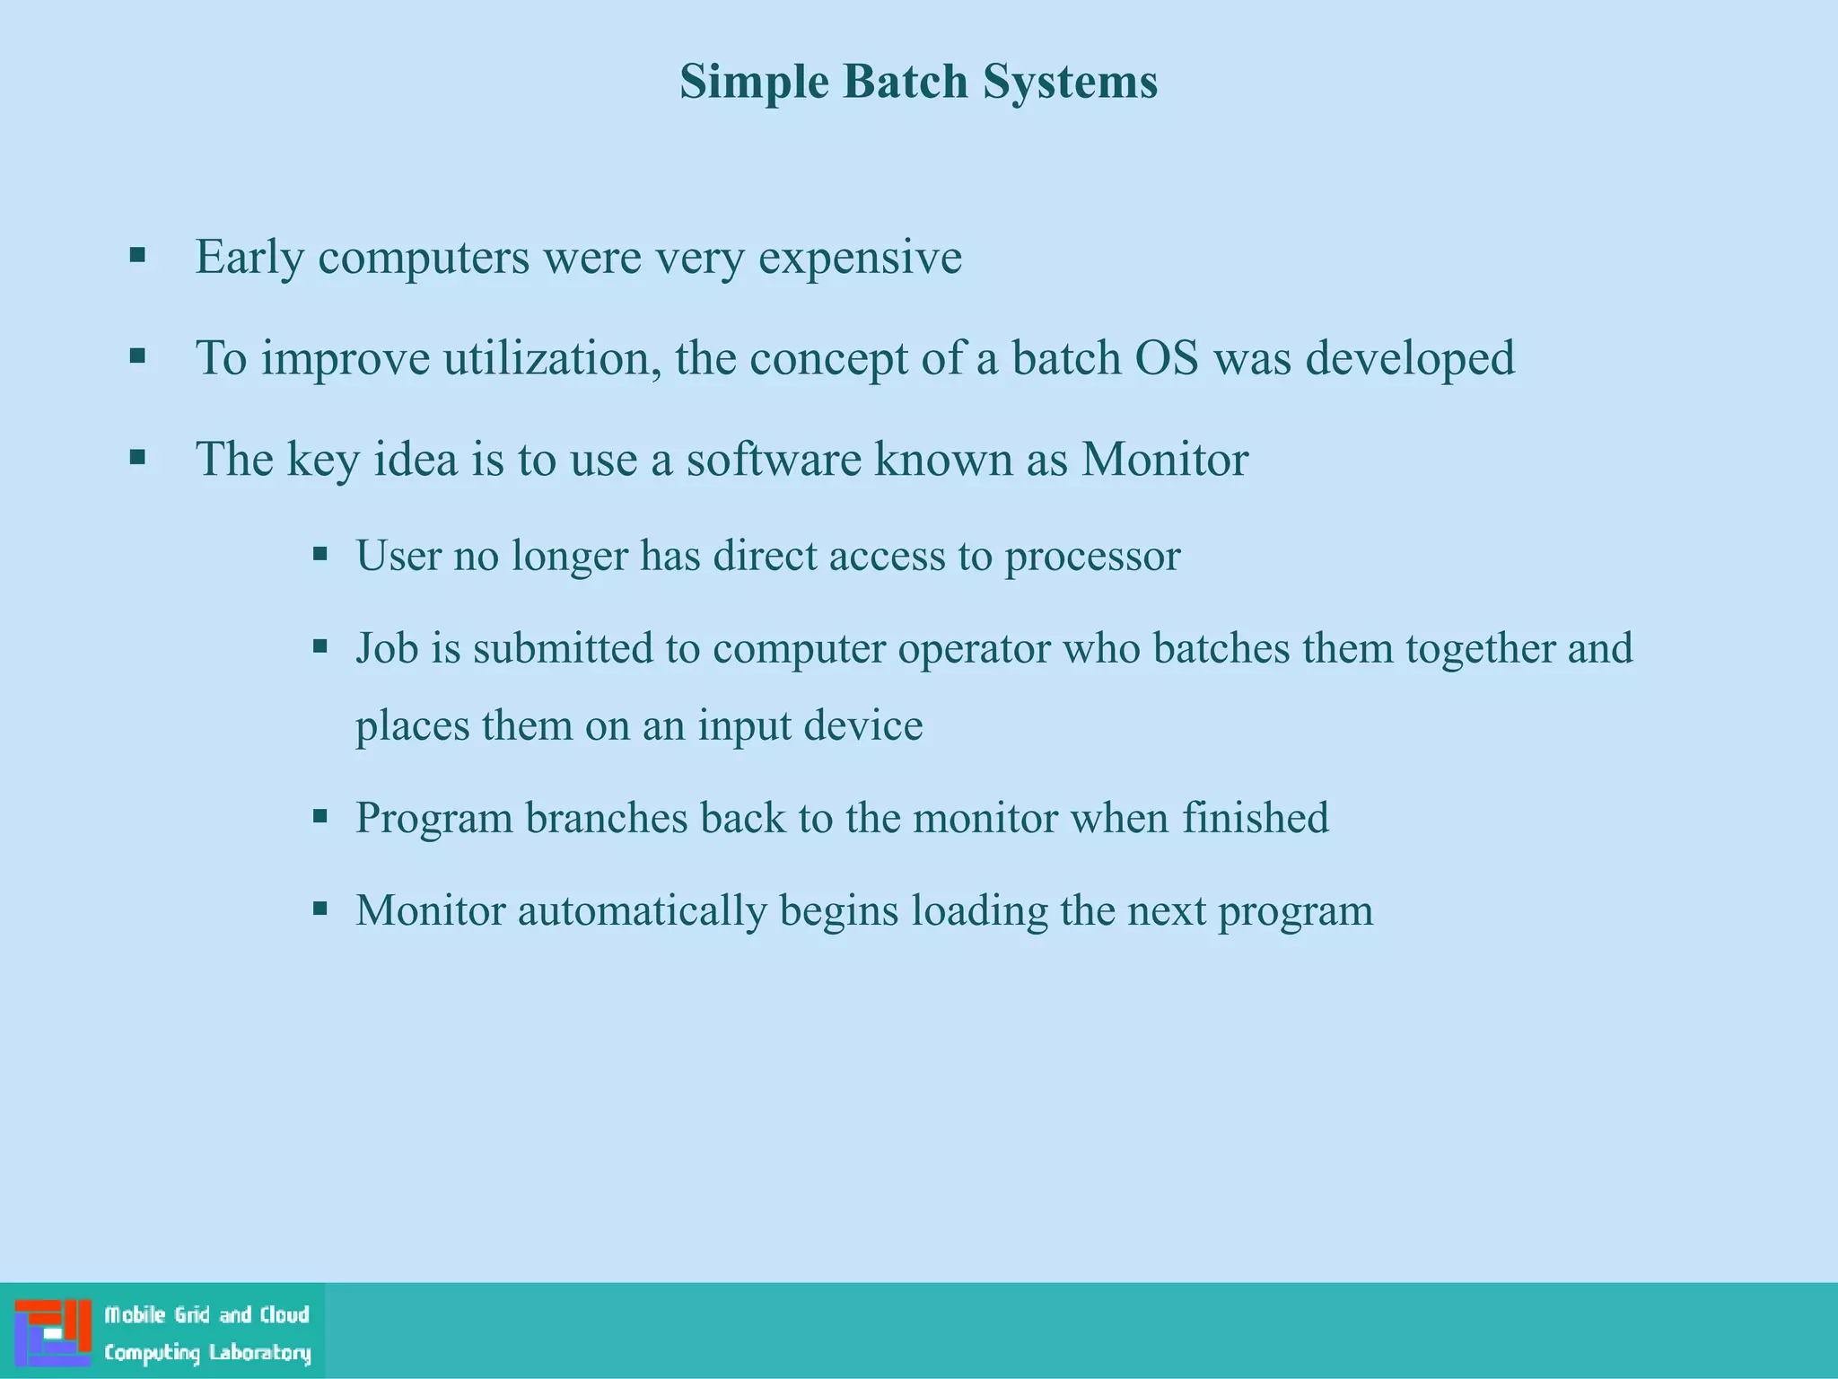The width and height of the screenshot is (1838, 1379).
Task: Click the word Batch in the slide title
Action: click(x=906, y=82)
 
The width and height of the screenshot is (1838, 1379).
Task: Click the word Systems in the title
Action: click(x=1070, y=82)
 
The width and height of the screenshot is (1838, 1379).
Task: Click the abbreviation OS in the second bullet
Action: click(x=1166, y=359)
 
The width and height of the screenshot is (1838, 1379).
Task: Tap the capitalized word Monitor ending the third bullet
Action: click(x=1164, y=460)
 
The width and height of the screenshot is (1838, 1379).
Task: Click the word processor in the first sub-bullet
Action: click(x=1091, y=557)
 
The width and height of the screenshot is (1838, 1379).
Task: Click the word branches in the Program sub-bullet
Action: click(x=606, y=818)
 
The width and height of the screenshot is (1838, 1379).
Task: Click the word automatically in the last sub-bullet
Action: click(x=642, y=910)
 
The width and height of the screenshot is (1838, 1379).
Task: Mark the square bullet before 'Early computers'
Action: click(x=137, y=255)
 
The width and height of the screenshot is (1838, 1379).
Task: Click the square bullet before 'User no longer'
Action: click(x=319, y=554)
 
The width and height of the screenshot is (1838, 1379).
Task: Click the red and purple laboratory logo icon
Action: click(x=53, y=1332)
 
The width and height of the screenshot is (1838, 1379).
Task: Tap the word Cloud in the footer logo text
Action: click(x=284, y=1315)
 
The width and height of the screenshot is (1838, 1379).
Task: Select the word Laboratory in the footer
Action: click(x=259, y=1353)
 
